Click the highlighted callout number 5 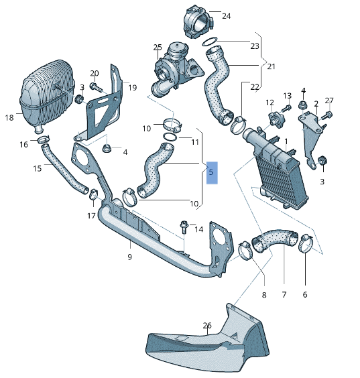pos(212,173)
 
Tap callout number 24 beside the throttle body pos(226,16)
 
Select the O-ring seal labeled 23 pos(210,42)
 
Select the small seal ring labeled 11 pos(170,137)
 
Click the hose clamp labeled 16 pos(44,139)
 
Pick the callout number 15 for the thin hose pos(38,168)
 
